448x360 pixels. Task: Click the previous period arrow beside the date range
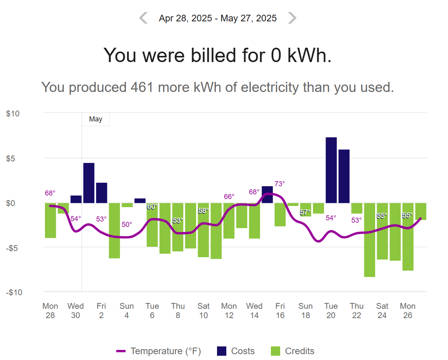tap(143, 18)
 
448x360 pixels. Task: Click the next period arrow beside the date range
tap(292, 18)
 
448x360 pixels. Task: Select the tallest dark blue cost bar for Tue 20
tap(331, 170)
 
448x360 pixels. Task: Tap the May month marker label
tap(95, 119)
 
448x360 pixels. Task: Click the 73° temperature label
tap(280, 183)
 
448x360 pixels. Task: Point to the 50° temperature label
tap(127, 225)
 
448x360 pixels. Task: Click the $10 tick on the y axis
tap(13, 114)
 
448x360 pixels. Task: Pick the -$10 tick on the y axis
tap(14, 292)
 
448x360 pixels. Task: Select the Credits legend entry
tap(293, 351)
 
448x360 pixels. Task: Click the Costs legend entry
tap(236, 351)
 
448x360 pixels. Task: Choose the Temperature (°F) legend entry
tap(159, 351)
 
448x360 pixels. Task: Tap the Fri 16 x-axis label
tap(280, 310)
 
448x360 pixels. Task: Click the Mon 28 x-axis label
tap(50, 310)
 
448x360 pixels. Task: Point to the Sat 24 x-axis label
tap(382, 310)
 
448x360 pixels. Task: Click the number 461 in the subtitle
tap(142, 87)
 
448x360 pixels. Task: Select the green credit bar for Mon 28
tap(50, 220)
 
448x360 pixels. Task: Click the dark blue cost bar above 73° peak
tap(267, 195)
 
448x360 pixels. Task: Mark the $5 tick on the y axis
tap(10, 158)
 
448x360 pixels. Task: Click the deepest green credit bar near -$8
tap(369, 240)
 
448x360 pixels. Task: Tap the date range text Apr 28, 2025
tap(185, 18)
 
